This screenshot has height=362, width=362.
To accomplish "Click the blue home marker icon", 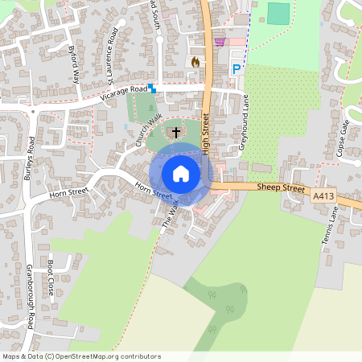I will (x=181, y=173).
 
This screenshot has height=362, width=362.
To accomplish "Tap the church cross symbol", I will (x=176, y=131).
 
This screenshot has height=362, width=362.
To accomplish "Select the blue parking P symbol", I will (x=236, y=70).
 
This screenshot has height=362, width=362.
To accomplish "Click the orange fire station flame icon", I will (x=195, y=60).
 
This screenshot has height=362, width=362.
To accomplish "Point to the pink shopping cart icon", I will (x=220, y=42).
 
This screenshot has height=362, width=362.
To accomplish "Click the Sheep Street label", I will (x=282, y=187).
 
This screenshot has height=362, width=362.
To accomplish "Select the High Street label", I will (x=206, y=134).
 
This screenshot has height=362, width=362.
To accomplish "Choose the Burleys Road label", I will (x=30, y=158).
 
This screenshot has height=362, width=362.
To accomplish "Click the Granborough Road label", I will (x=31, y=296).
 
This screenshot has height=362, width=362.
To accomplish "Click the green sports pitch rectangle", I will (x=278, y=14).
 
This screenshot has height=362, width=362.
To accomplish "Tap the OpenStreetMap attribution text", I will (x=81, y=356).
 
